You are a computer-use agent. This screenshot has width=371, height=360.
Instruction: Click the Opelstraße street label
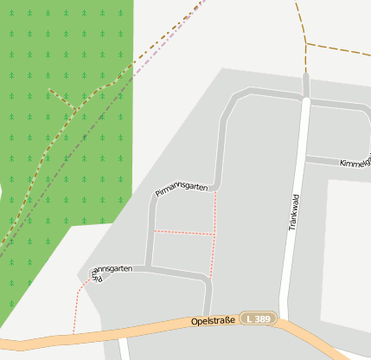pos(213,322)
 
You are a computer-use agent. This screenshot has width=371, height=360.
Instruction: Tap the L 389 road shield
pos(259,319)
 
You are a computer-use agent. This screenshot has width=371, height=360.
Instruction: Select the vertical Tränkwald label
pos(293,210)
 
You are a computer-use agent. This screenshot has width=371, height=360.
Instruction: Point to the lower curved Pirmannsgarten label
pos(111,273)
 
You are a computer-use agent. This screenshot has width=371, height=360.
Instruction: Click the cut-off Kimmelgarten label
pos(354,163)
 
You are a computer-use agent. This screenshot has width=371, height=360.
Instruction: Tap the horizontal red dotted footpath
pos(183,233)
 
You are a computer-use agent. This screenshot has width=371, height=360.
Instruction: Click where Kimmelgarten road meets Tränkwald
pos(304,159)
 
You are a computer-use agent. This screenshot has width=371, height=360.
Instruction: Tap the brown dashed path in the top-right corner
pos(337,47)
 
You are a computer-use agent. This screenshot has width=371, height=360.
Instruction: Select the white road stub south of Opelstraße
pos(123,349)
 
